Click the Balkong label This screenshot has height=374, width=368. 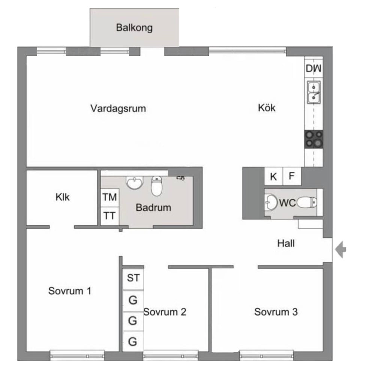point(134,28)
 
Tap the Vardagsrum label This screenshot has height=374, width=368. point(118,108)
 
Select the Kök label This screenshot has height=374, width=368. point(267,107)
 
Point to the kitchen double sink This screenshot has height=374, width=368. point(314,92)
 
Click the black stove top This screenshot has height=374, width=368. point(314,139)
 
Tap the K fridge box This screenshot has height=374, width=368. point(273,176)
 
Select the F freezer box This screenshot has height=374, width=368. point(292,176)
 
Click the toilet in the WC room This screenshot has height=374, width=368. point(307,203)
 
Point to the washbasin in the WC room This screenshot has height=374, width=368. point(271,202)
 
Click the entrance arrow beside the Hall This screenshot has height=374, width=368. point(341,249)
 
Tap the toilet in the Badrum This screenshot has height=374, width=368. point(157,186)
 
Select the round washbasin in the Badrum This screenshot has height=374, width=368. point(135,183)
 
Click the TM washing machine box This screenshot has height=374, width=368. point(110,198)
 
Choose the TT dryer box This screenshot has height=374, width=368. point(110,216)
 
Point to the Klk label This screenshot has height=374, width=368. point(62,197)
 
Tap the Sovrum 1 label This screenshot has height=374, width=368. point(70,291)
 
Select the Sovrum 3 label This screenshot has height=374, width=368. point(276,312)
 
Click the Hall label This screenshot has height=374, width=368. point(286,243)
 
